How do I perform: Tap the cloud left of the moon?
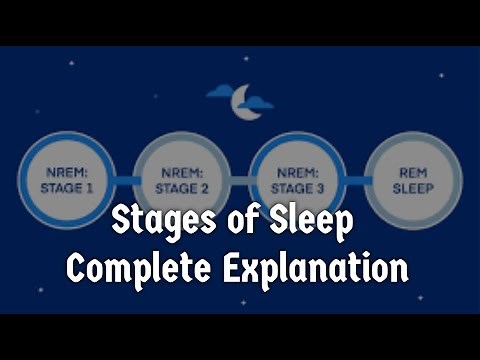220,93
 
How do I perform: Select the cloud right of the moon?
259,102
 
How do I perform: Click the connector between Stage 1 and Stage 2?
125,180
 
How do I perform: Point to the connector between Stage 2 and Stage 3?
240,180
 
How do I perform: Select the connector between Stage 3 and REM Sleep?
356,180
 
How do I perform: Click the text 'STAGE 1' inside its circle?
68,187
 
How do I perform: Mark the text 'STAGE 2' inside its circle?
183,187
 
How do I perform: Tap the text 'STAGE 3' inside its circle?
298,187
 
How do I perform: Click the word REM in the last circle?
413,172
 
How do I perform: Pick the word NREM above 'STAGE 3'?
298,172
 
